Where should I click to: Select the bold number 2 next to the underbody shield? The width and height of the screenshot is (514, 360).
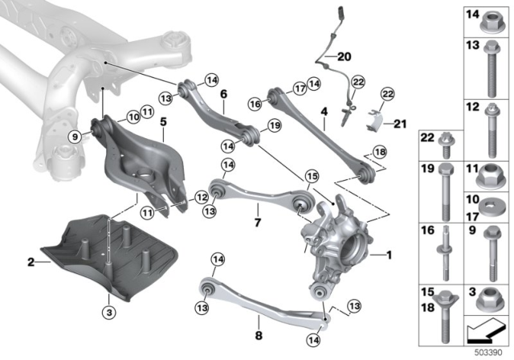tap(31, 262)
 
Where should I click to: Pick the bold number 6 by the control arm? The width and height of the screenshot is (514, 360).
tap(222, 94)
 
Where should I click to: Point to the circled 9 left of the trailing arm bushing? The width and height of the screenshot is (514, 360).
tap(75, 136)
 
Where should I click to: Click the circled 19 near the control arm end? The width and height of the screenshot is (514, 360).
tap(273, 126)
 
